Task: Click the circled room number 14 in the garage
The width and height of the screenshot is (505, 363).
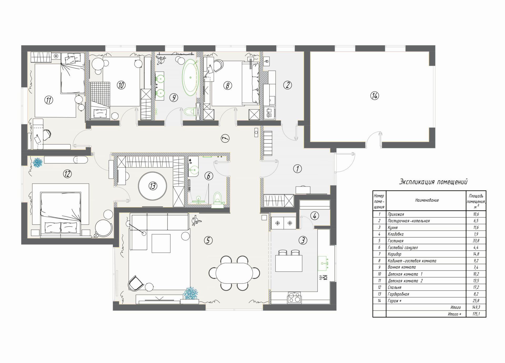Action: click(x=375, y=96)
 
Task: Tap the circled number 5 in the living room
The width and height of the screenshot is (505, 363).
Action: click(x=208, y=240)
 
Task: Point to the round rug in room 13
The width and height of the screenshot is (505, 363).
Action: click(x=153, y=186)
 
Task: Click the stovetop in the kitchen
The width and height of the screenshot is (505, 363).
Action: click(x=295, y=298)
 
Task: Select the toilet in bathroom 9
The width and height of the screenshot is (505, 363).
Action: click(x=189, y=112)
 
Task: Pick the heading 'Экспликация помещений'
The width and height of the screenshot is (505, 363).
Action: click(x=433, y=182)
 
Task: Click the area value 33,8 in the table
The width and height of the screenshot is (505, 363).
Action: click(x=476, y=241)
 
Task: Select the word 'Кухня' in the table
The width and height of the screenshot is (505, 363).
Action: click(x=392, y=227)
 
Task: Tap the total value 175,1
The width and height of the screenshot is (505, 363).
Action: click(x=476, y=314)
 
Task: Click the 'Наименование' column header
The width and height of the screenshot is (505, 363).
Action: click(x=427, y=200)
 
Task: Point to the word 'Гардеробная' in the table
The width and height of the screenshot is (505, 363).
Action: click(x=398, y=294)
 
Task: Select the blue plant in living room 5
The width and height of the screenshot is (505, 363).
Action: click(x=190, y=293)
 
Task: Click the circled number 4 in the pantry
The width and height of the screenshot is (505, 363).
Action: click(x=315, y=216)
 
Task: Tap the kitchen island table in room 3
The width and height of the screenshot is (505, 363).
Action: click(x=289, y=263)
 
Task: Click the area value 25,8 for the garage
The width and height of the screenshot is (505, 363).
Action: click(x=476, y=301)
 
